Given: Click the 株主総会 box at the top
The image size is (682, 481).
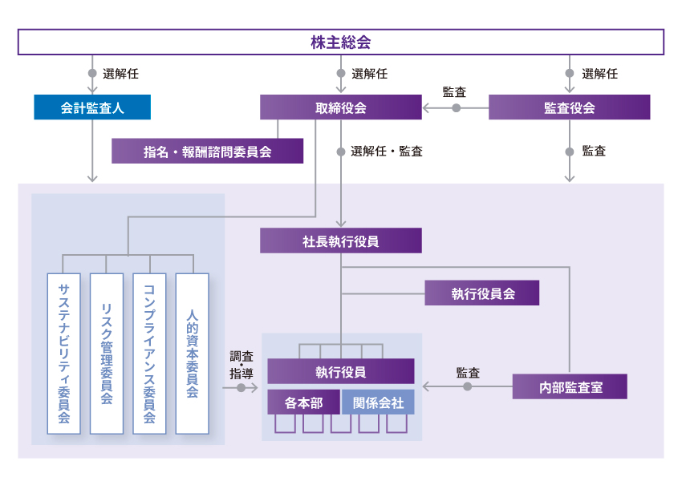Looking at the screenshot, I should pyautogui.click(x=340, y=42).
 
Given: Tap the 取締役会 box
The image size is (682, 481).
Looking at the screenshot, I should pyautogui.click(x=340, y=107).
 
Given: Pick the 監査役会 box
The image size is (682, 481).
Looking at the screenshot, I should pyautogui.click(x=569, y=107).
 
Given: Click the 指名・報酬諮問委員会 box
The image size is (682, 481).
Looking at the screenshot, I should pyautogui.click(x=207, y=151).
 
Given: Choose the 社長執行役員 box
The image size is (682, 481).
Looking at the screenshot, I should pyautogui.click(x=340, y=240).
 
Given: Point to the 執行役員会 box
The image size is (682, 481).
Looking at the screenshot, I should pyautogui.click(x=482, y=293).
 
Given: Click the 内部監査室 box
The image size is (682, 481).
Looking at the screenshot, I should pyautogui.click(x=570, y=387).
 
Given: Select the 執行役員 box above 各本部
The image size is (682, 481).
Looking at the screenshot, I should pyautogui.click(x=340, y=371).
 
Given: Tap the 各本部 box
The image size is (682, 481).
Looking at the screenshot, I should pyautogui.click(x=305, y=402).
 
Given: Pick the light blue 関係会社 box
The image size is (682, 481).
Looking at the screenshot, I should pyautogui.click(x=378, y=402).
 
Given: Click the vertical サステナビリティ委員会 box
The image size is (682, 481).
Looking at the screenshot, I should pyautogui.click(x=64, y=354).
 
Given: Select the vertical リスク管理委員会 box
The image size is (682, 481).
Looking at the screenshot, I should pyautogui.click(x=107, y=354).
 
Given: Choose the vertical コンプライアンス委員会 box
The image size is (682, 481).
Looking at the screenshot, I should pyautogui.click(x=149, y=354).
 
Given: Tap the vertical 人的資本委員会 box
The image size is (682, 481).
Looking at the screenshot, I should pyautogui.click(x=192, y=354).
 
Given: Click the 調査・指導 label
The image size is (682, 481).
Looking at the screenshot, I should pyautogui.click(x=241, y=365).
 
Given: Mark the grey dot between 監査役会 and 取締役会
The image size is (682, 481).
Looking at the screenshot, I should pyautogui.click(x=457, y=107).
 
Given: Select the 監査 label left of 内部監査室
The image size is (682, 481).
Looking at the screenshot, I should pyautogui.click(x=468, y=372).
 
